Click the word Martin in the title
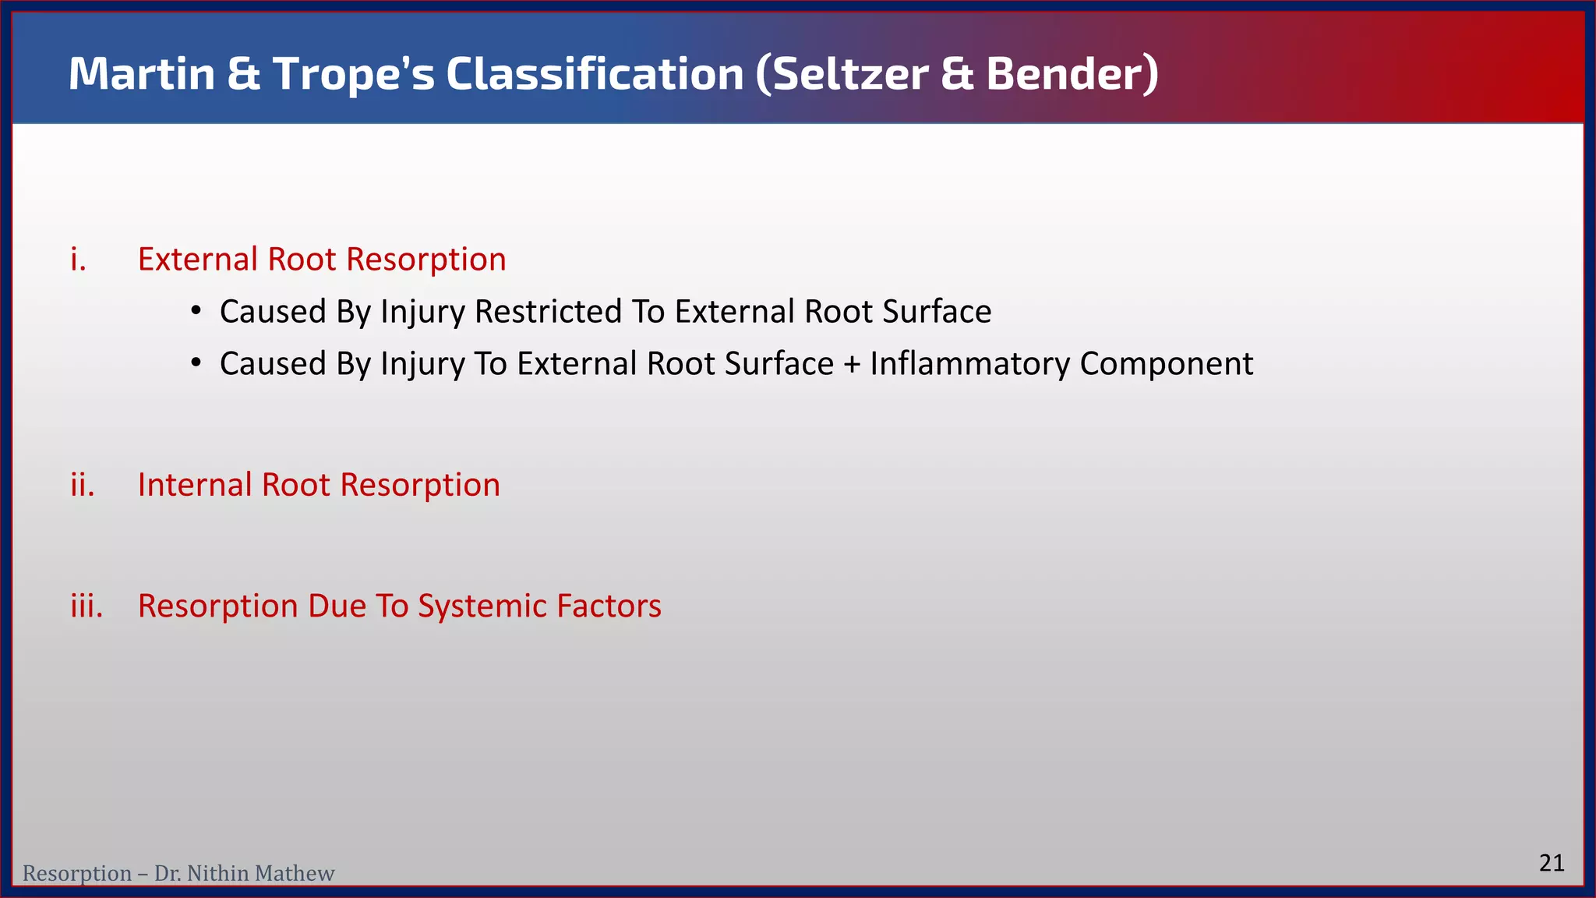tap(141, 74)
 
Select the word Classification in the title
tap(595, 74)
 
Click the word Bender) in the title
tap(1072, 74)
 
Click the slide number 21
tap(1552, 863)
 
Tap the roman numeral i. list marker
tap(78, 260)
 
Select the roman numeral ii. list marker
tap(82, 485)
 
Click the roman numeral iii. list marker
tap(87, 606)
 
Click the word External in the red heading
tap(198, 260)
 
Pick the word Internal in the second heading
tap(195, 485)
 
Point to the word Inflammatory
tap(969, 364)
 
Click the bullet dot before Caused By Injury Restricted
tap(196, 312)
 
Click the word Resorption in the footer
tap(76, 874)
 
